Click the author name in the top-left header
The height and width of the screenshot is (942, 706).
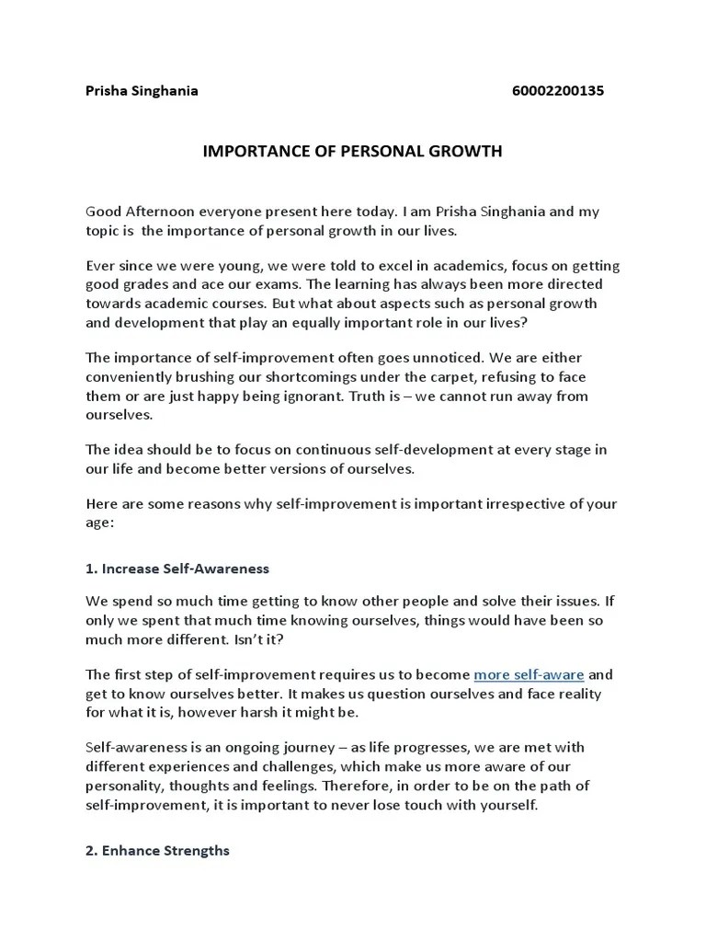click(x=142, y=90)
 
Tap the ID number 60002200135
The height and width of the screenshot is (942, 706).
click(x=557, y=90)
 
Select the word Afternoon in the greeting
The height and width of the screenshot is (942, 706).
click(x=165, y=212)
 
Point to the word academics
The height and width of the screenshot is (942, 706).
click(x=444, y=266)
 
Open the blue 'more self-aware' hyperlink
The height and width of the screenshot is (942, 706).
click(x=529, y=674)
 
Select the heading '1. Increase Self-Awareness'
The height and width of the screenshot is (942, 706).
click(x=177, y=569)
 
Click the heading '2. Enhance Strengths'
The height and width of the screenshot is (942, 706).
click(x=157, y=851)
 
